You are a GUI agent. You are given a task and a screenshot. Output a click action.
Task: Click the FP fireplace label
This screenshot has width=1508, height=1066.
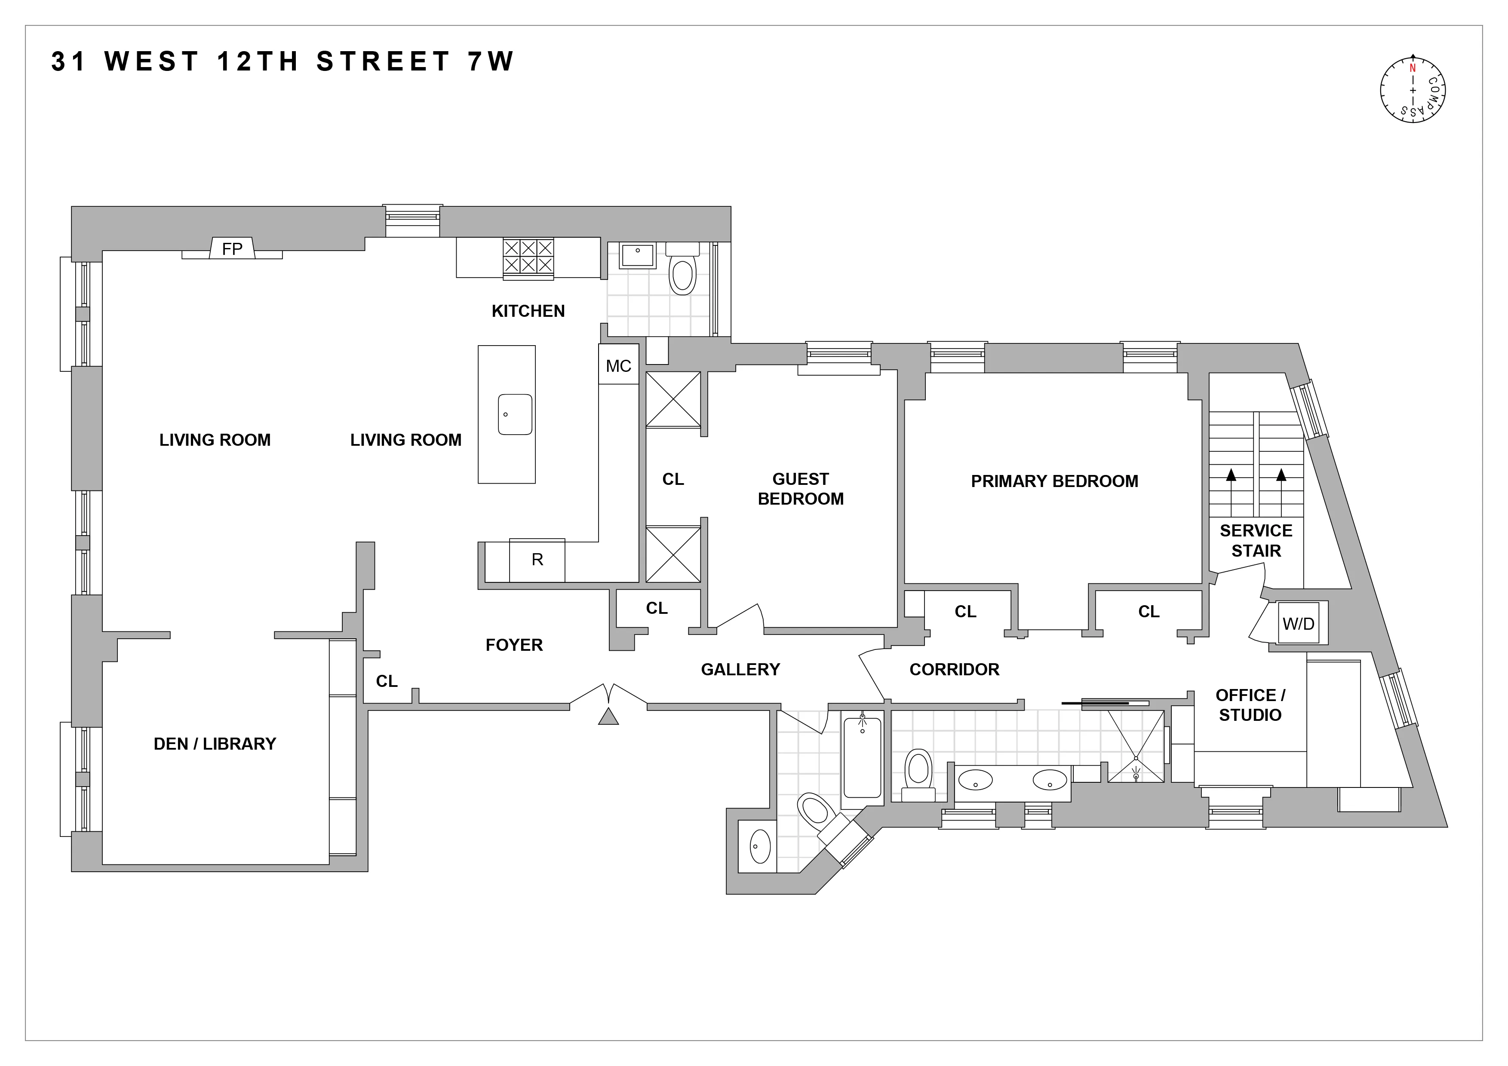coord(232,249)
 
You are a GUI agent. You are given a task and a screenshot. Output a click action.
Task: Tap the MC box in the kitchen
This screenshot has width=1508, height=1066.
coord(618,366)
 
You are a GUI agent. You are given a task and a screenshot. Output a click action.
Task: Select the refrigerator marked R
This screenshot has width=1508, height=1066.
coord(537,560)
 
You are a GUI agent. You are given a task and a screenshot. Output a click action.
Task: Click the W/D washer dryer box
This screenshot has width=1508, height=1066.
coord(1299,624)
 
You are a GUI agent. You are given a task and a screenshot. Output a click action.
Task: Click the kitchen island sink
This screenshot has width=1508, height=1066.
coord(515,414)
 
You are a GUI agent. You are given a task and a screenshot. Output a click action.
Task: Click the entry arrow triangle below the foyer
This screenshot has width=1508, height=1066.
coord(608,717)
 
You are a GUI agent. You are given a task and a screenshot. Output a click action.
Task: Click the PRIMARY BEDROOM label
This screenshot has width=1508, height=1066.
coord(1054,481)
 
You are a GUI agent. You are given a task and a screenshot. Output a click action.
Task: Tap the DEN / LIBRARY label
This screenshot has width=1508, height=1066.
coord(215,744)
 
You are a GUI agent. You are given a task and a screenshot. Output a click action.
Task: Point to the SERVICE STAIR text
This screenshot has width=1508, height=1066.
coord(1256,540)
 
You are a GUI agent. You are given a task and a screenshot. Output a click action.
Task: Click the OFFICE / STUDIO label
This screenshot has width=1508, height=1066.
coord(1250,705)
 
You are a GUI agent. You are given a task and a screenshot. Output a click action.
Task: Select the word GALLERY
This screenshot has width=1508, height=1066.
coord(740,670)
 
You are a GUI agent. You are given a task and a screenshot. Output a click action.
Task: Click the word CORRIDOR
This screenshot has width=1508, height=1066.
coord(954,670)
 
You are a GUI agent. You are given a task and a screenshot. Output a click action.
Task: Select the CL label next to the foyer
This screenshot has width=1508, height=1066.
coord(387,681)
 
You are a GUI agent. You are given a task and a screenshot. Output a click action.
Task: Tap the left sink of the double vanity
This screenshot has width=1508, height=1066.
coord(975,781)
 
